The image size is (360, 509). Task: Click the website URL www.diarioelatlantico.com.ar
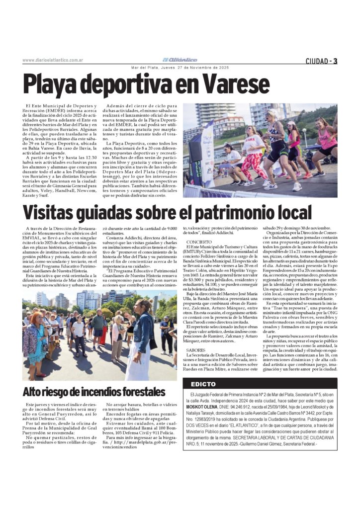point(52,61)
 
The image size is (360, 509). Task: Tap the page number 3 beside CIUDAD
point(335,61)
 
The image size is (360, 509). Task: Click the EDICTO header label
point(202,384)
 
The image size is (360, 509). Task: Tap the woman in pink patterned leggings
point(251,154)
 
